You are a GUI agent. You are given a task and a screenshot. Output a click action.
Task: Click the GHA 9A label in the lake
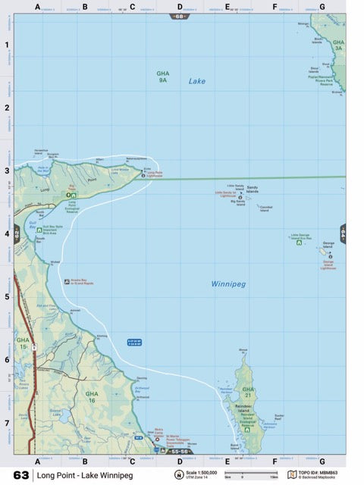pyautogui.click(x=162, y=76)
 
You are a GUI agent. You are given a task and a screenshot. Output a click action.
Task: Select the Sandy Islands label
pyautogui.click(x=253, y=189)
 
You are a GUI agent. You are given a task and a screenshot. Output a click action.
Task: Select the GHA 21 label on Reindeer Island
pyautogui.click(x=248, y=392)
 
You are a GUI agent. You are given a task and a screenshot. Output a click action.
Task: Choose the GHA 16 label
pyautogui.click(x=92, y=396)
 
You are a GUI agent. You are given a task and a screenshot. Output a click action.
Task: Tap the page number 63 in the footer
pyautogui.click(x=20, y=475)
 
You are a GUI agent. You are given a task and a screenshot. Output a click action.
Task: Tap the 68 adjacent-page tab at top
pyautogui.click(x=180, y=16)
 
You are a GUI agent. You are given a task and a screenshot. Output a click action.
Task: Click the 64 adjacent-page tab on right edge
pyautogui.click(x=343, y=234)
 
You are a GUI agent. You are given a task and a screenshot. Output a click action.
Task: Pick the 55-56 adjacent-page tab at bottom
pyautogui.click(x=180, y=452)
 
